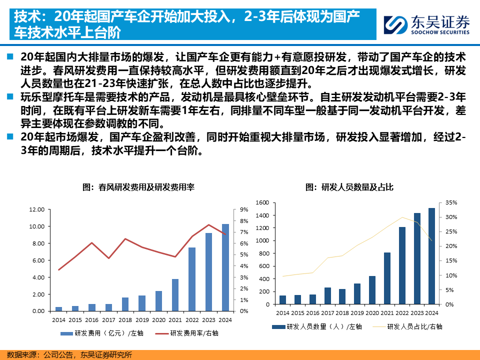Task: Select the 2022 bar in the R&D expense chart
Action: pyautogui.click(x=192, y=279)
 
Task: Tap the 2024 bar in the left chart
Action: pyautogui.click(x=225, y=267)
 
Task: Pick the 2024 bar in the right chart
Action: pyautogui.click(x=431, y=256)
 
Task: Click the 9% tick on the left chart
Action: pyautogui.click(x=243, y=209)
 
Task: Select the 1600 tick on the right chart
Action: pyautogui.click(x=262, y=202)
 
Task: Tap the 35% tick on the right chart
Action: pyautogui.click(x=451, y=202)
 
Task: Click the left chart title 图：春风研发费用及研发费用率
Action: pyautogui.click(x=138, y=187)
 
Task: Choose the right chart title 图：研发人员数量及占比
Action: pyautogui.click(x=349, y=187)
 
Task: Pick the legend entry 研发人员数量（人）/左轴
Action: pyautogui.click(x=317, y=326)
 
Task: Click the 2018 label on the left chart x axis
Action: pyautogui.click(x=125, y=320)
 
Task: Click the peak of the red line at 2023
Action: pyautogui.click(x=209, y=224)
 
